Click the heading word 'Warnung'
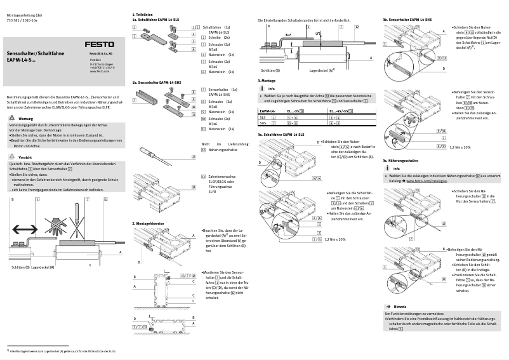26,119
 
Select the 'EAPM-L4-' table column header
268,111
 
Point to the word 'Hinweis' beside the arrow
400,305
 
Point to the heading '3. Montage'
266,81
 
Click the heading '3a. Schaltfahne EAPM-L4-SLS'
281,135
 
